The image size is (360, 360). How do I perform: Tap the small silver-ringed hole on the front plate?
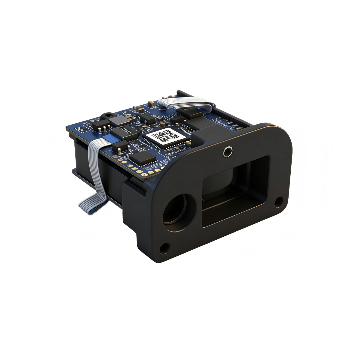point(228,152)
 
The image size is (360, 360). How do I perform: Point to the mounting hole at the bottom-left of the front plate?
point(163,248)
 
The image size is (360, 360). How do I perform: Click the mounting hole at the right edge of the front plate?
point(278,201)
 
